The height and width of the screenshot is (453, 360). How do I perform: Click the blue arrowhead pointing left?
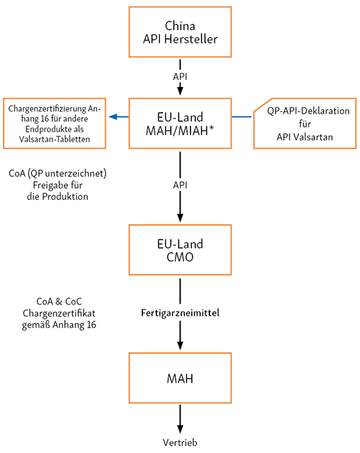[113, 116]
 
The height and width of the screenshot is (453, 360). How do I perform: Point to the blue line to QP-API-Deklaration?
[241, 116]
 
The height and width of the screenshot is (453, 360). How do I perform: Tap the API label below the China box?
[180, 77]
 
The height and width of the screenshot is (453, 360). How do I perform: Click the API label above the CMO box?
[180, 185]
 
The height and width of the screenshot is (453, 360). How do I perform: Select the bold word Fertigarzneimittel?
[180, 313]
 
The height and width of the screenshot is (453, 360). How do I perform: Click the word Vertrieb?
[180, 443]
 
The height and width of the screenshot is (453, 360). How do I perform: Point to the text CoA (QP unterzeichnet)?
[57, 174]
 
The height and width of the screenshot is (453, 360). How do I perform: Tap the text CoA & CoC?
[59, 301]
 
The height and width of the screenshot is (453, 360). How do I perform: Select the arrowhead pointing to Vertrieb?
[180, 429]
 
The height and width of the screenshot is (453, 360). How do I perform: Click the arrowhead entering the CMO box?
[180, 217]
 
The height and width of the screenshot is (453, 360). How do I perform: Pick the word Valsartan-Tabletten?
[54, 139]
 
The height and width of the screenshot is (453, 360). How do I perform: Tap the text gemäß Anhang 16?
[59, 325]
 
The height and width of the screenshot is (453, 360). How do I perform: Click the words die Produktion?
[57, 197]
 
